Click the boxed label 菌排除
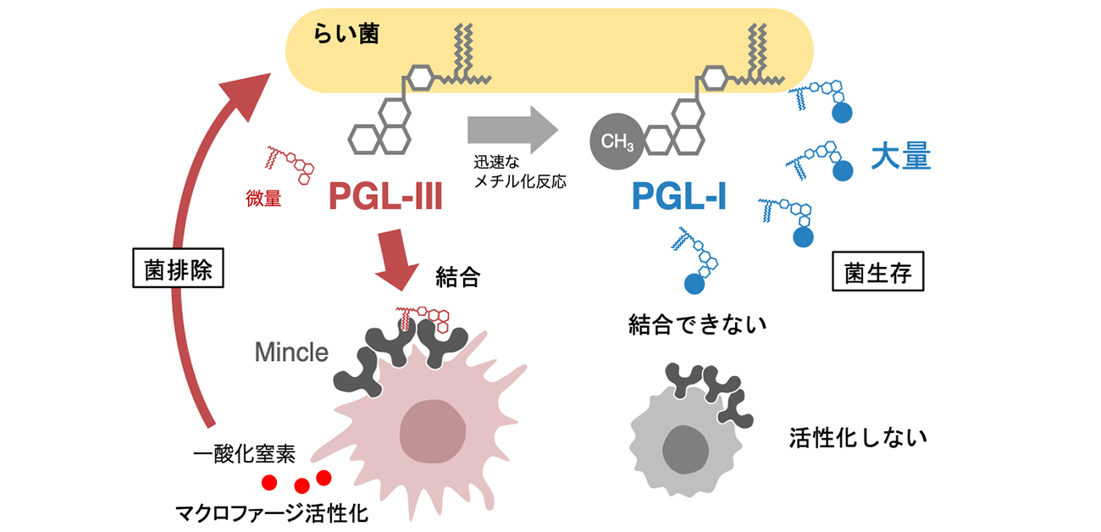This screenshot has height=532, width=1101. coord(177,273)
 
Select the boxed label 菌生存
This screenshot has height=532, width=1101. coord(877,273)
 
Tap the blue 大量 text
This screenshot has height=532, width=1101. coord(901,158)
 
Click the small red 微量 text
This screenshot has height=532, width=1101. coord(263,200)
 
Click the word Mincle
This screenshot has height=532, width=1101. coord(291,352)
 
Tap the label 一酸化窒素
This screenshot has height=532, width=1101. coord(244,453)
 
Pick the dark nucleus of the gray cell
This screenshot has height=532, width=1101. coord(685,449)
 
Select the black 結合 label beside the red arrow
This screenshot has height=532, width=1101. coord(457,277)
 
